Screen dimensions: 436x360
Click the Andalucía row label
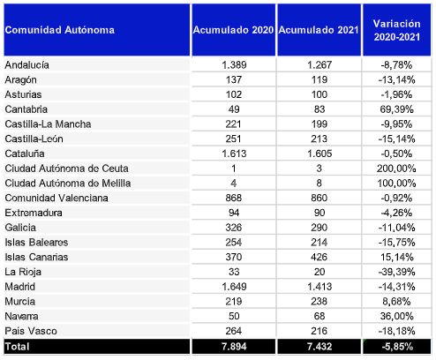[x=27, y=65]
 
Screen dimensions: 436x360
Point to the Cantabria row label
[x=27, y=109]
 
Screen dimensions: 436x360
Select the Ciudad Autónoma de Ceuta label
[x=67, y=169]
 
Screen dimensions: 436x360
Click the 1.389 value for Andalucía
[x=233, y=65]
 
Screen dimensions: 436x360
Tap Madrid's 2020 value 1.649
[x=233, y=287]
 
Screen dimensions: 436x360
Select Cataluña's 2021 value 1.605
[x=318, y=154]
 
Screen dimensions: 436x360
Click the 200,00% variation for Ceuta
[x=397, y=169]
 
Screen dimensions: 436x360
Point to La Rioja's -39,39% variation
[x=397, y=272]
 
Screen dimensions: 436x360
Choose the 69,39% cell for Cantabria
[x=397, y=109]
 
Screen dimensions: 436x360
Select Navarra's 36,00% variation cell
[x=397, y=316]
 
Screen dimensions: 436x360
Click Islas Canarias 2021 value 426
[x=318, y=257]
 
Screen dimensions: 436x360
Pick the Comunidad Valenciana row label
[x=56, y=198]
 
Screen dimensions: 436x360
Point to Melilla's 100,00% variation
[x=397, y=184]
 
